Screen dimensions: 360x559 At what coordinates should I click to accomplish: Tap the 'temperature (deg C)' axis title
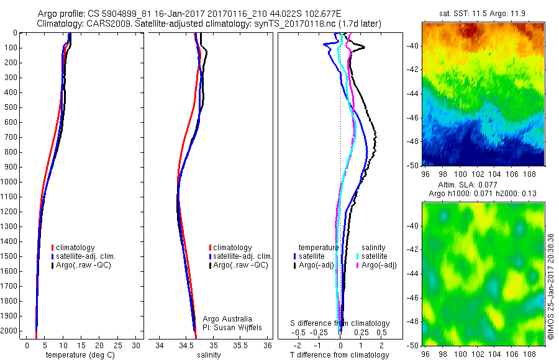(75, 355)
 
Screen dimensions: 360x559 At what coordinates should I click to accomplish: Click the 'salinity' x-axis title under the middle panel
(209, 355)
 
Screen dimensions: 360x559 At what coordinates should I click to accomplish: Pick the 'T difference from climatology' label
(340, 355)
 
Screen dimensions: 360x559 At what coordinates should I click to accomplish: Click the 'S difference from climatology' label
(340, 323)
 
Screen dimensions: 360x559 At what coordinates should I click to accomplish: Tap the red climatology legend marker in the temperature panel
(53, 248)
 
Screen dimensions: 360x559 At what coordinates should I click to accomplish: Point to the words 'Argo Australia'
(227, 318)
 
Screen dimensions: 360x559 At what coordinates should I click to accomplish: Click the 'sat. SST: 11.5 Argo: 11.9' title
(483, 13)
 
